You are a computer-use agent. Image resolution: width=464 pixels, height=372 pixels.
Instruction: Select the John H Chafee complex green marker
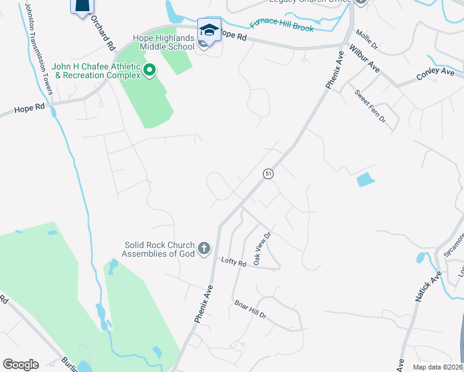(149, 71)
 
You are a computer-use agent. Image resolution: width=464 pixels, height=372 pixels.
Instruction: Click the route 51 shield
(268, 174)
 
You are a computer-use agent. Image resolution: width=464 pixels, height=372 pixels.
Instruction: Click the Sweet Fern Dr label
(370, 105)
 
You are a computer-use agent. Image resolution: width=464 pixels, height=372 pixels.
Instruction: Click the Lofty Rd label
(234, 262)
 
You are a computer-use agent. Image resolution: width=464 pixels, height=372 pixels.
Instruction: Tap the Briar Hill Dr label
(250, 310)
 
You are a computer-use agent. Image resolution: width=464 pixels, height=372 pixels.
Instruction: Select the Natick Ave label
(429, 286)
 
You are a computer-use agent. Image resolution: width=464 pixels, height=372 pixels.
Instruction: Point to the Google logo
(20, 365)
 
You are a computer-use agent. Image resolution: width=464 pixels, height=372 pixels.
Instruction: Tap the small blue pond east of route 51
(366, 180)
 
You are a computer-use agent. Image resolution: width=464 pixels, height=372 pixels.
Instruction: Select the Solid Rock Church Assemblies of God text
(158, 249)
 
